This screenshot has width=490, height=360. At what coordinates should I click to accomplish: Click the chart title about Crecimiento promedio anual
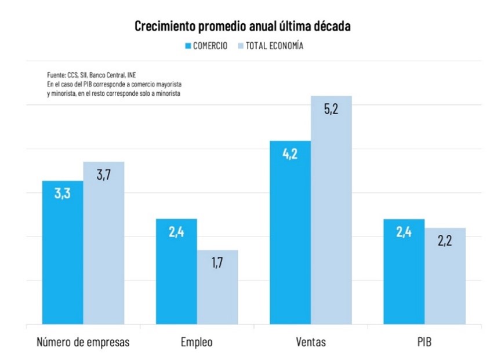pos(243,26)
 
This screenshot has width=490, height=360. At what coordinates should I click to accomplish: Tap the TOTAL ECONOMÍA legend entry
pos(271,46)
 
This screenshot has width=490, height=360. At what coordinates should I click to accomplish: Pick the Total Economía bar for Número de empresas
pos(104,243)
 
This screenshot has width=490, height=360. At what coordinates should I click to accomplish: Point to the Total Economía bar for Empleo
pos(217,288)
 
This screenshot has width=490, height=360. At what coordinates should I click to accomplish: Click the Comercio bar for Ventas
pos(290,232)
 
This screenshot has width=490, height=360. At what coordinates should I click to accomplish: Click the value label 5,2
pos(331,109)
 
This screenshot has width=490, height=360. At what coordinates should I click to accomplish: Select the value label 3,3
pos(63,194)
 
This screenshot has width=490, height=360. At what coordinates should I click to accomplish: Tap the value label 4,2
pos(290,154)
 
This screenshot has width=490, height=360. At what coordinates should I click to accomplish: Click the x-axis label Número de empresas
pos(83,341)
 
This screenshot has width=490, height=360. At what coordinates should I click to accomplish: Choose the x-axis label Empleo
pos(197,341)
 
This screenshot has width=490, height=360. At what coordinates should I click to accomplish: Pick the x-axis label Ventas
pos(310,341)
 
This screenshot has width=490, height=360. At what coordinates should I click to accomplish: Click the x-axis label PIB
pos(424,341)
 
